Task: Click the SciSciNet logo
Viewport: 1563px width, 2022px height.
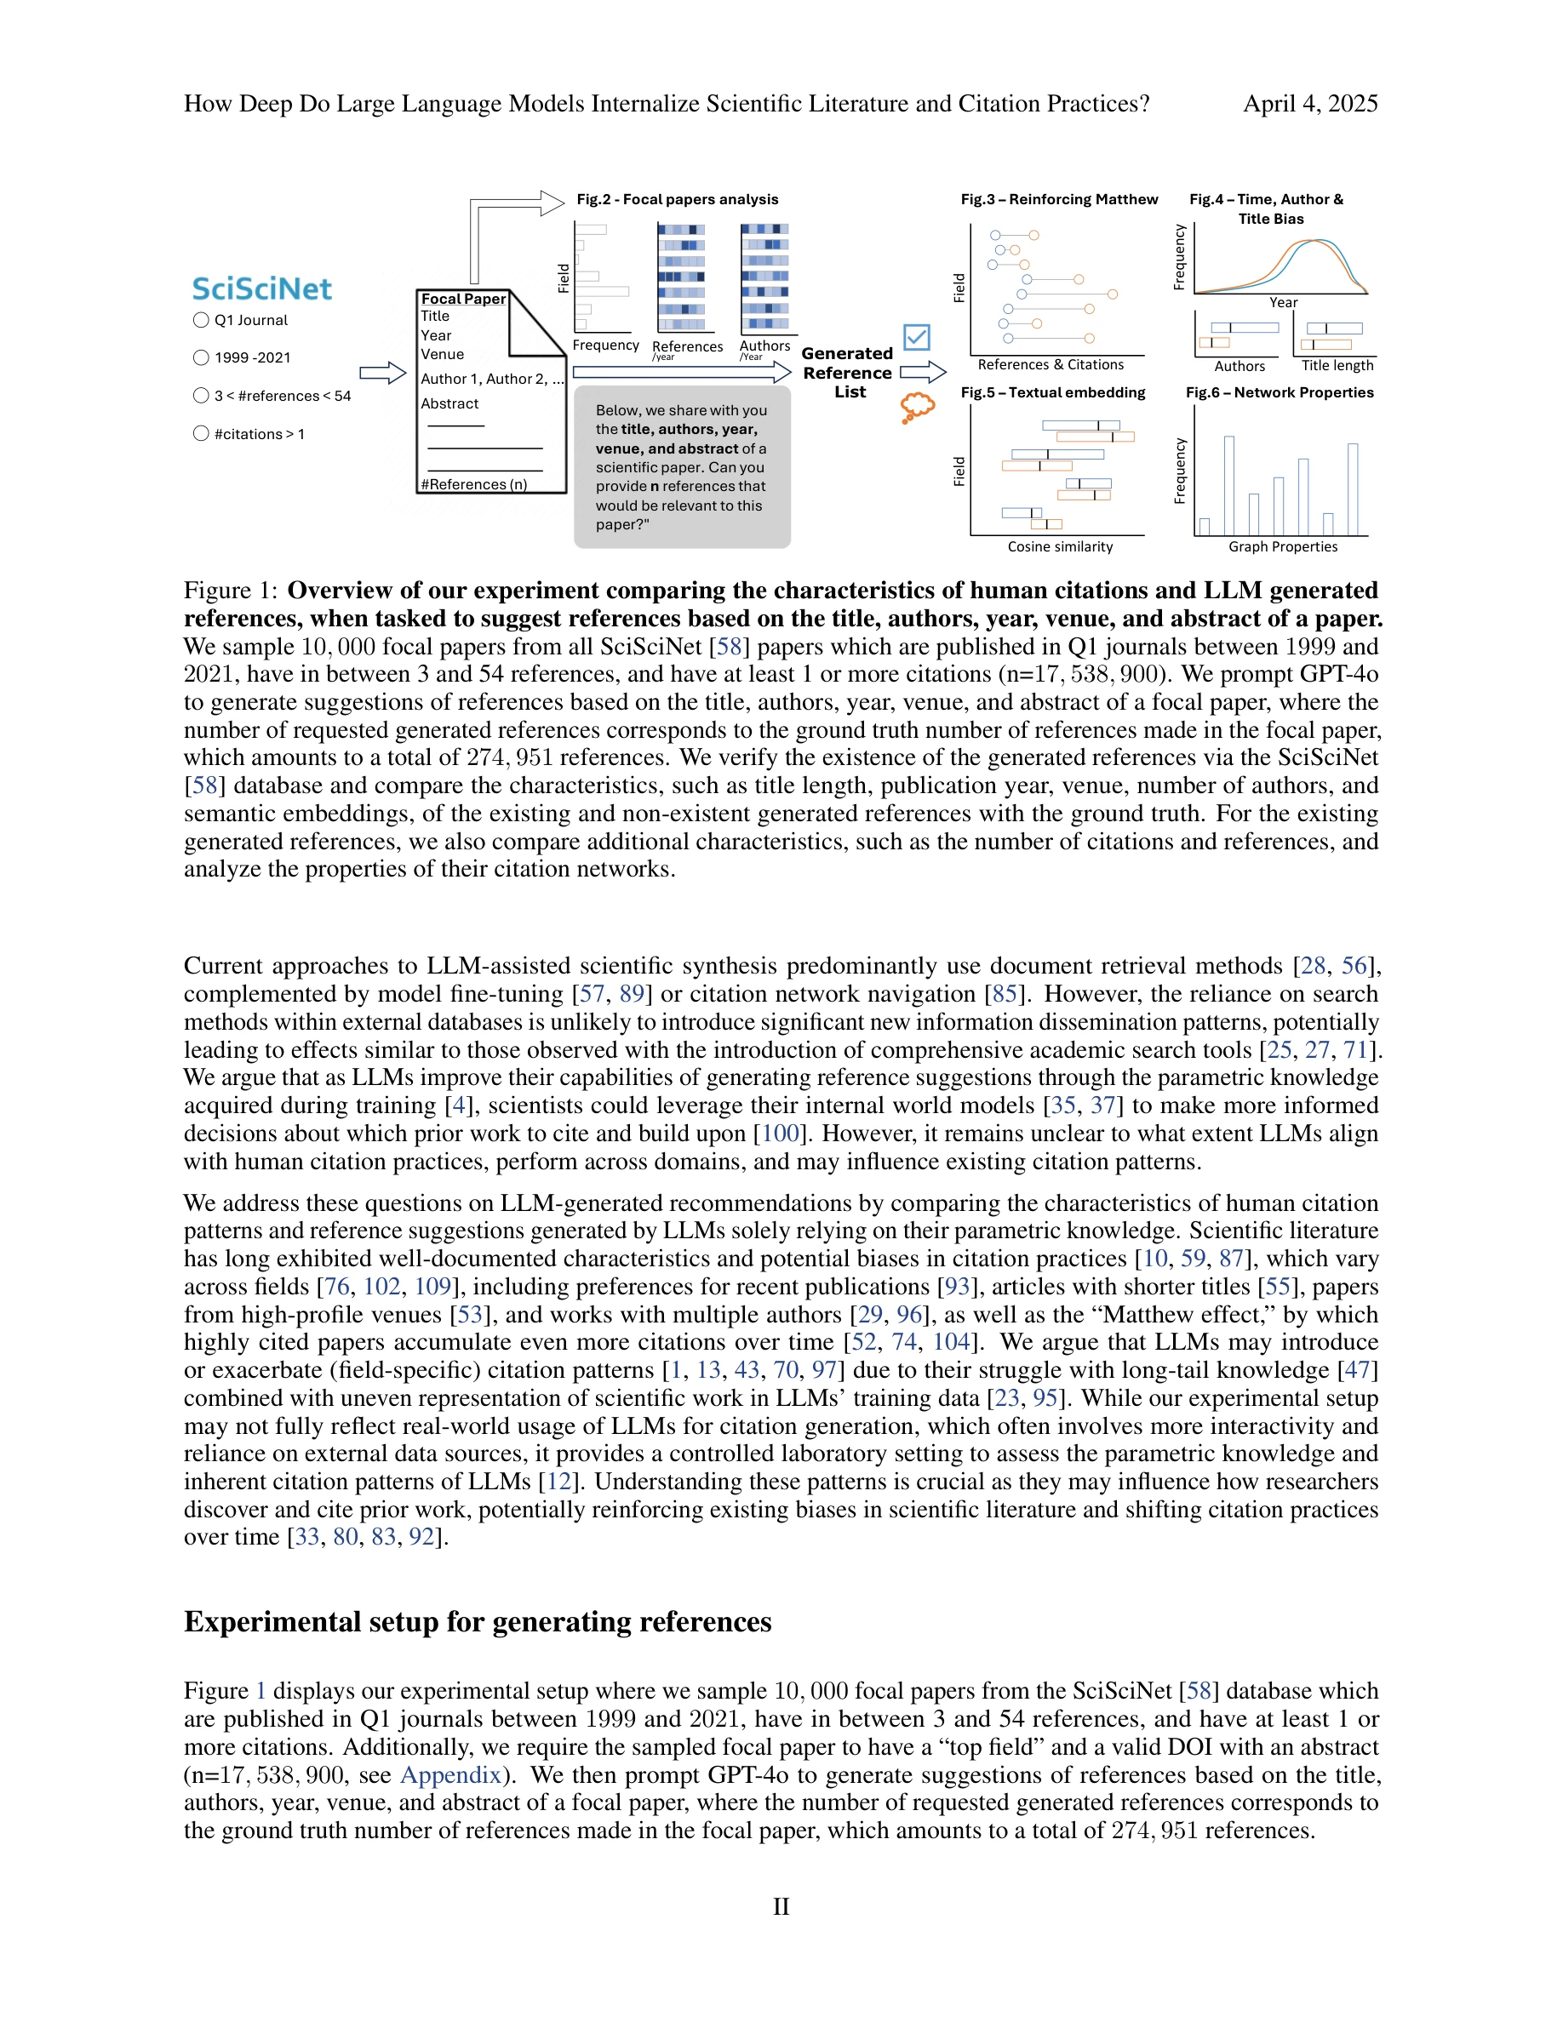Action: [x=261, y=288]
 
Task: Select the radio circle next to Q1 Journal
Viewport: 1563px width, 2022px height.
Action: [x=201, y=320]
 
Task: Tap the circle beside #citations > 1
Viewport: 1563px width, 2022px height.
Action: [x=201, y=433]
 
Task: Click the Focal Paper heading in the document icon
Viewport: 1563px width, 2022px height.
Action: [x=463, y=299]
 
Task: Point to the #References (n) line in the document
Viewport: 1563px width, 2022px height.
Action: [x=474, y=484]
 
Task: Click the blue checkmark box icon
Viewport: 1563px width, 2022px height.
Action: [x=917, y=337]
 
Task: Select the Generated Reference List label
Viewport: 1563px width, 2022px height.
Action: [x=847, y=372]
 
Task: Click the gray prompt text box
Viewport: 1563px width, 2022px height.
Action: [x=682, y=467]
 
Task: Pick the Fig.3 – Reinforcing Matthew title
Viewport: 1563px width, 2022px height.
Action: [x=1058, y=199]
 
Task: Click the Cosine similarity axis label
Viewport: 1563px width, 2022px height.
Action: [x=1060, y=547]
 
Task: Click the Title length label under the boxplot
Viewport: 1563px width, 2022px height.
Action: [x=1337, y=366]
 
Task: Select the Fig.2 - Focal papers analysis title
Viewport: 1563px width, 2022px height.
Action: [x=677, y=199]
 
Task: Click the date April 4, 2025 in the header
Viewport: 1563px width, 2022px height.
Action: [x=1309, y=104]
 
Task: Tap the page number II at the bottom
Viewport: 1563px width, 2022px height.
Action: [x=781, y=1906]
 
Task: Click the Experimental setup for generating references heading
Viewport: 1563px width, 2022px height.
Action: [x=477, y=1622]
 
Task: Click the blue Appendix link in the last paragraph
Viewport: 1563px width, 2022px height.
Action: [x=450, y=1775]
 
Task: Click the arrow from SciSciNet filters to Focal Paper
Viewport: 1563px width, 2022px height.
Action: [x=382, y=373]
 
